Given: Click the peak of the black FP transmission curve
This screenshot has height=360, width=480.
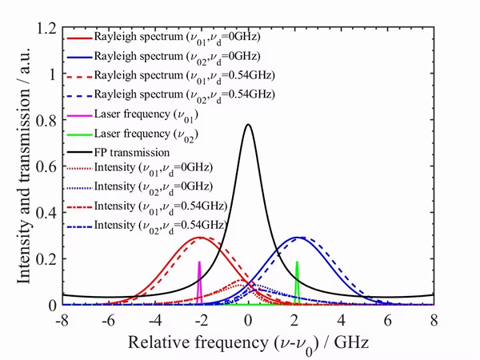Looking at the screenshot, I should (248, 125).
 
